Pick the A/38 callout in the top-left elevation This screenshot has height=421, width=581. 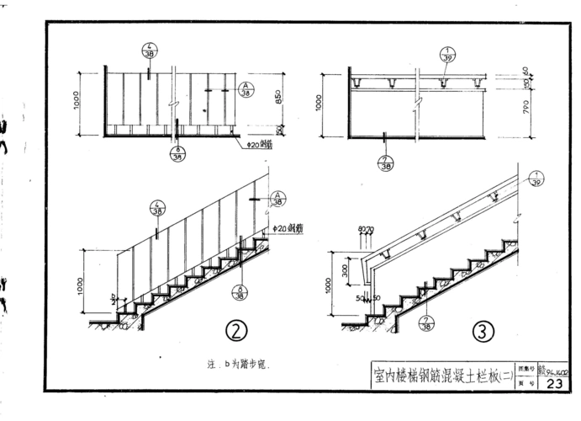(246, 90)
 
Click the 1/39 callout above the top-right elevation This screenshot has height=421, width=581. (445, 55)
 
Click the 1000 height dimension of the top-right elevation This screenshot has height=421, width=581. (320, 104)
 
